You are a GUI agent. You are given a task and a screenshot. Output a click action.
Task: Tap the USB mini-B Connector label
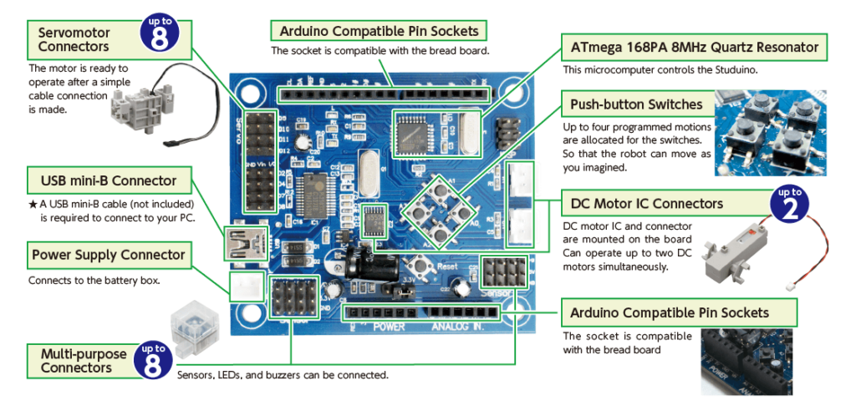click(x=109, y=180)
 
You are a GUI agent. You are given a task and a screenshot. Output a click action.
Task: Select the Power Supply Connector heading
click(x=109, y=254)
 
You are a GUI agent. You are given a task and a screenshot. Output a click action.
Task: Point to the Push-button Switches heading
click(x=636, y=105)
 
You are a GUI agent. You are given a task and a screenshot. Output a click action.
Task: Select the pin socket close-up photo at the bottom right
click(x=746, y=361)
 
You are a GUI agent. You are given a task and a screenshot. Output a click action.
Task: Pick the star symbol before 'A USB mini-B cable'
click(x=32, y=204)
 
